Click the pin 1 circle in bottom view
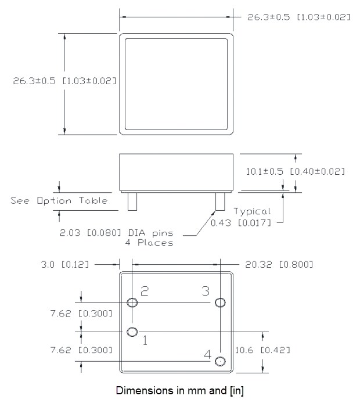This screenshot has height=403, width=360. point(132,332)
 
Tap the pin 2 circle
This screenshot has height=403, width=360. point(133,302)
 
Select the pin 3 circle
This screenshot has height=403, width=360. point(220,302)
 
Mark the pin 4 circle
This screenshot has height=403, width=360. point(220,361)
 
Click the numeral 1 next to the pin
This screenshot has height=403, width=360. point(145,341)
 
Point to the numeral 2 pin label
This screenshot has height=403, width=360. point(145,292)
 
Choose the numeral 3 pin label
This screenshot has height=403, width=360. point(206,292)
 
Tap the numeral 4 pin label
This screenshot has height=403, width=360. point(207,352)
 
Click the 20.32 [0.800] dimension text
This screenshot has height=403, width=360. point(279,264)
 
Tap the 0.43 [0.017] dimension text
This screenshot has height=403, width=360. point(240,222)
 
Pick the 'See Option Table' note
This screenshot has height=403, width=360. point(59,200)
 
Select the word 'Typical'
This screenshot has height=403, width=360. point(252,211)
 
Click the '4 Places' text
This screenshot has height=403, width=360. point(149,243)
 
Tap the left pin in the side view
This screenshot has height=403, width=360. point(132,201)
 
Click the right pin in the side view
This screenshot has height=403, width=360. point(219,201)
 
